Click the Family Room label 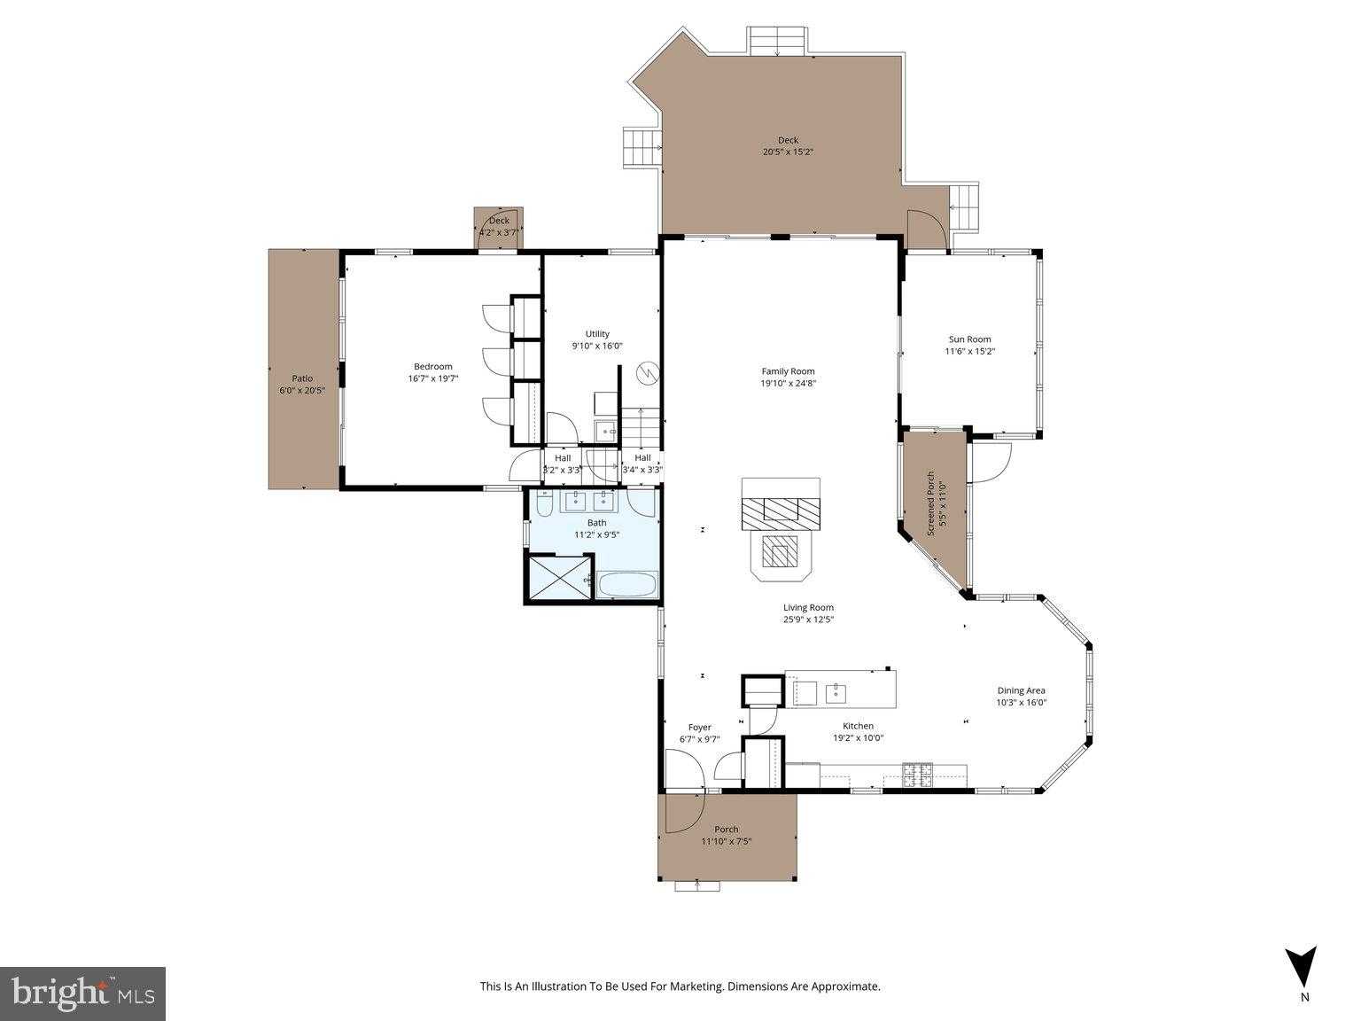[x=788, y=371]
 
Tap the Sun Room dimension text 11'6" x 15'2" [x=969, y=351]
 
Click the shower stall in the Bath [x=559, y=579]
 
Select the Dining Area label [x=1022, y=690]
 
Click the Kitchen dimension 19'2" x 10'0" [x=858, y=737]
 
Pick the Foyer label [x=699, y=728]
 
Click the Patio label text [x=302, y=378]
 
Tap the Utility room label [x=597, y=334]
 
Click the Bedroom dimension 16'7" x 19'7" [x=432, y=378]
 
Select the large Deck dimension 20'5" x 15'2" [x=788, y=152]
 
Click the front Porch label [x=726, y=830]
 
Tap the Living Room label [x=808, y=608]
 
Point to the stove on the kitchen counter [x=917, y=775]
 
